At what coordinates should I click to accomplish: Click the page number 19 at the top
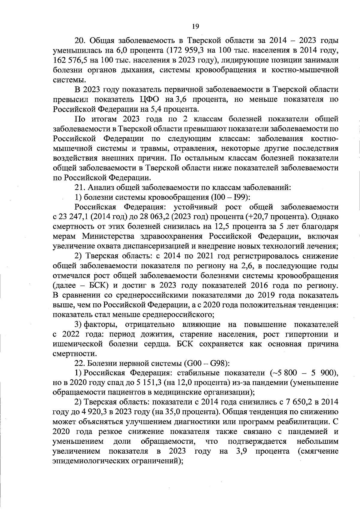point(195,27)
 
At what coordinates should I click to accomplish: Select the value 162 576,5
point(70,60)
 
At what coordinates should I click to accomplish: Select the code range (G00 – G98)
point(205,364)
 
